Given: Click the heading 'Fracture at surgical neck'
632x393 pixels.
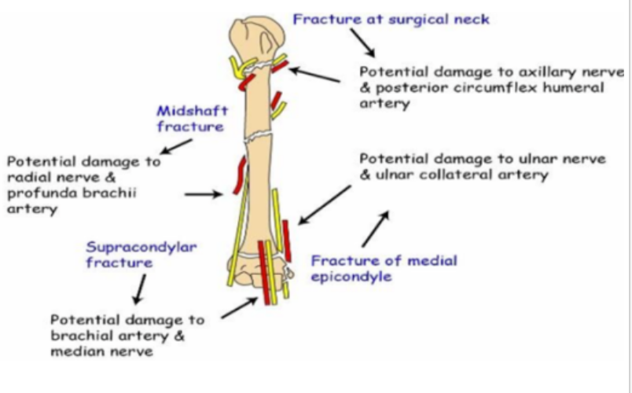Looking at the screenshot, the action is point(391,18).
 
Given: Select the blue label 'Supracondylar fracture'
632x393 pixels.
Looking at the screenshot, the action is point(141,255).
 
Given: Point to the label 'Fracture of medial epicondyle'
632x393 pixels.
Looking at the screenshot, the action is point(384,268).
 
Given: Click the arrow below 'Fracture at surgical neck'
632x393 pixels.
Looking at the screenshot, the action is point(362,39).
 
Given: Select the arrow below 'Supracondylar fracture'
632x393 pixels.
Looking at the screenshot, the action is point(138,292).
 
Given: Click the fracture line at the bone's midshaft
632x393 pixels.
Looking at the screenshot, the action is point(259,137).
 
